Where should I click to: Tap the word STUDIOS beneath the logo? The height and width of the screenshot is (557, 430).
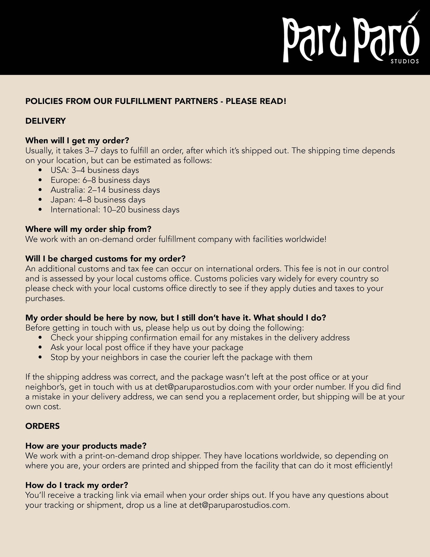pyautogui.click(x=405, y=61)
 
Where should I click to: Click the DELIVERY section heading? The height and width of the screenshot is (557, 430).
pyautogui.click(x=46, y=121)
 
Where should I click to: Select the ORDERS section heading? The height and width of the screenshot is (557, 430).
pyautogui.click(x=43, y=426)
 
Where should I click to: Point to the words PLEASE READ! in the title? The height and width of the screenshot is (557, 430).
pyautogui.click(x=256, y=101)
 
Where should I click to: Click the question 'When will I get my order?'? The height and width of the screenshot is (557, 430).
pyautogui.click(x=77, y=141)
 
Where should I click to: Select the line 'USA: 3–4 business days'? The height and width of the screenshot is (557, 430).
pyautogui.click(x=95, y=170)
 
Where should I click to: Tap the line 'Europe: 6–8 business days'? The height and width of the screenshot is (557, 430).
pyautogui.click(x=100, y=180)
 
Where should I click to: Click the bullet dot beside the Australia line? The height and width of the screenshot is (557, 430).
pyautogui.click(x=40, y=190)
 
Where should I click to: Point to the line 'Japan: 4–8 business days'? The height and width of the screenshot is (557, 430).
pyautogui.click(x=98, y=200)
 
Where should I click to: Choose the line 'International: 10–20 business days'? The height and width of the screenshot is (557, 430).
pyautogui.click(x=115, y=209)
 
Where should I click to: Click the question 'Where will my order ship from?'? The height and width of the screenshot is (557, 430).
pyautogui.click(x=88, y=229)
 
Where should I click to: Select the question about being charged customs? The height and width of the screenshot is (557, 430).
pyautogui.click(x=105, y=259)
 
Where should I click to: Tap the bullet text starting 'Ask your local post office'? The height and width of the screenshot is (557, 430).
pyautogui.click(x=147, y=347)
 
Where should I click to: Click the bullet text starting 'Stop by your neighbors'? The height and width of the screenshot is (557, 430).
pyautogui.click(x=181, y=357)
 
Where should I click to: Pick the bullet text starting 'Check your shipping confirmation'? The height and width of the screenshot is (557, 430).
pyautogui.click(x=200, y=337)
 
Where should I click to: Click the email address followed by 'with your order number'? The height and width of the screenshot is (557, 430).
pyautogui.click(x=204, y=387)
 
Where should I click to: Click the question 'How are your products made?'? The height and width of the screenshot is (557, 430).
pyautogui.click(x=86, y=446)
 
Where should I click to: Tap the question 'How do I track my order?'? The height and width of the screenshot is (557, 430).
pyautogui.click(x=77, y=485)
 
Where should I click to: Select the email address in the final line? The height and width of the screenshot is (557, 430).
pyautogui.click(x=239, y=505)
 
